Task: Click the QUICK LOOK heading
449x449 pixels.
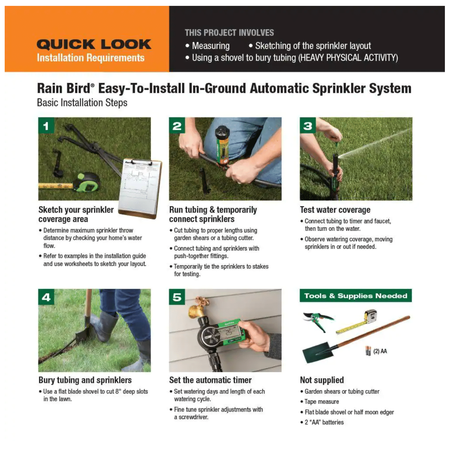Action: (x=94, y=44)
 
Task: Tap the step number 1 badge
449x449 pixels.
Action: (x=46, y=126)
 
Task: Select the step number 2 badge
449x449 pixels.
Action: (x=177, y=126)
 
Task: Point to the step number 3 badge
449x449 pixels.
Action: (x=308, y=126)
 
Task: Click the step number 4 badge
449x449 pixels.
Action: (x=46, y=297)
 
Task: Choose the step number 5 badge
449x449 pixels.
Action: (x=177, y=297)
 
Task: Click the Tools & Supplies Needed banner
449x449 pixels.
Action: (x=356, y=296)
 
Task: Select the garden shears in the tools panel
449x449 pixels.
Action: (x=318, y=321)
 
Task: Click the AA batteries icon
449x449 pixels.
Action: (x=368, y=351)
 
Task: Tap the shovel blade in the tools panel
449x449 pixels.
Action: (x=316, y=352)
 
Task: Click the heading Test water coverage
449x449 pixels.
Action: (x=335, y=210)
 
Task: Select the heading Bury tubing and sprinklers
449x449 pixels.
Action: (x=85, y=380)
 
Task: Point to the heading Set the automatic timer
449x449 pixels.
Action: (x=210, y=380)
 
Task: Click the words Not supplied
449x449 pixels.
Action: (x=322, y=380)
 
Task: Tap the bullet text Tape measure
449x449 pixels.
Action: (x=322, y=401)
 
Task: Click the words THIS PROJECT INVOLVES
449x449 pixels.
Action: (x=229, y=33)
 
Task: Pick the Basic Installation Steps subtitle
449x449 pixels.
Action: (x=82, y=103)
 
